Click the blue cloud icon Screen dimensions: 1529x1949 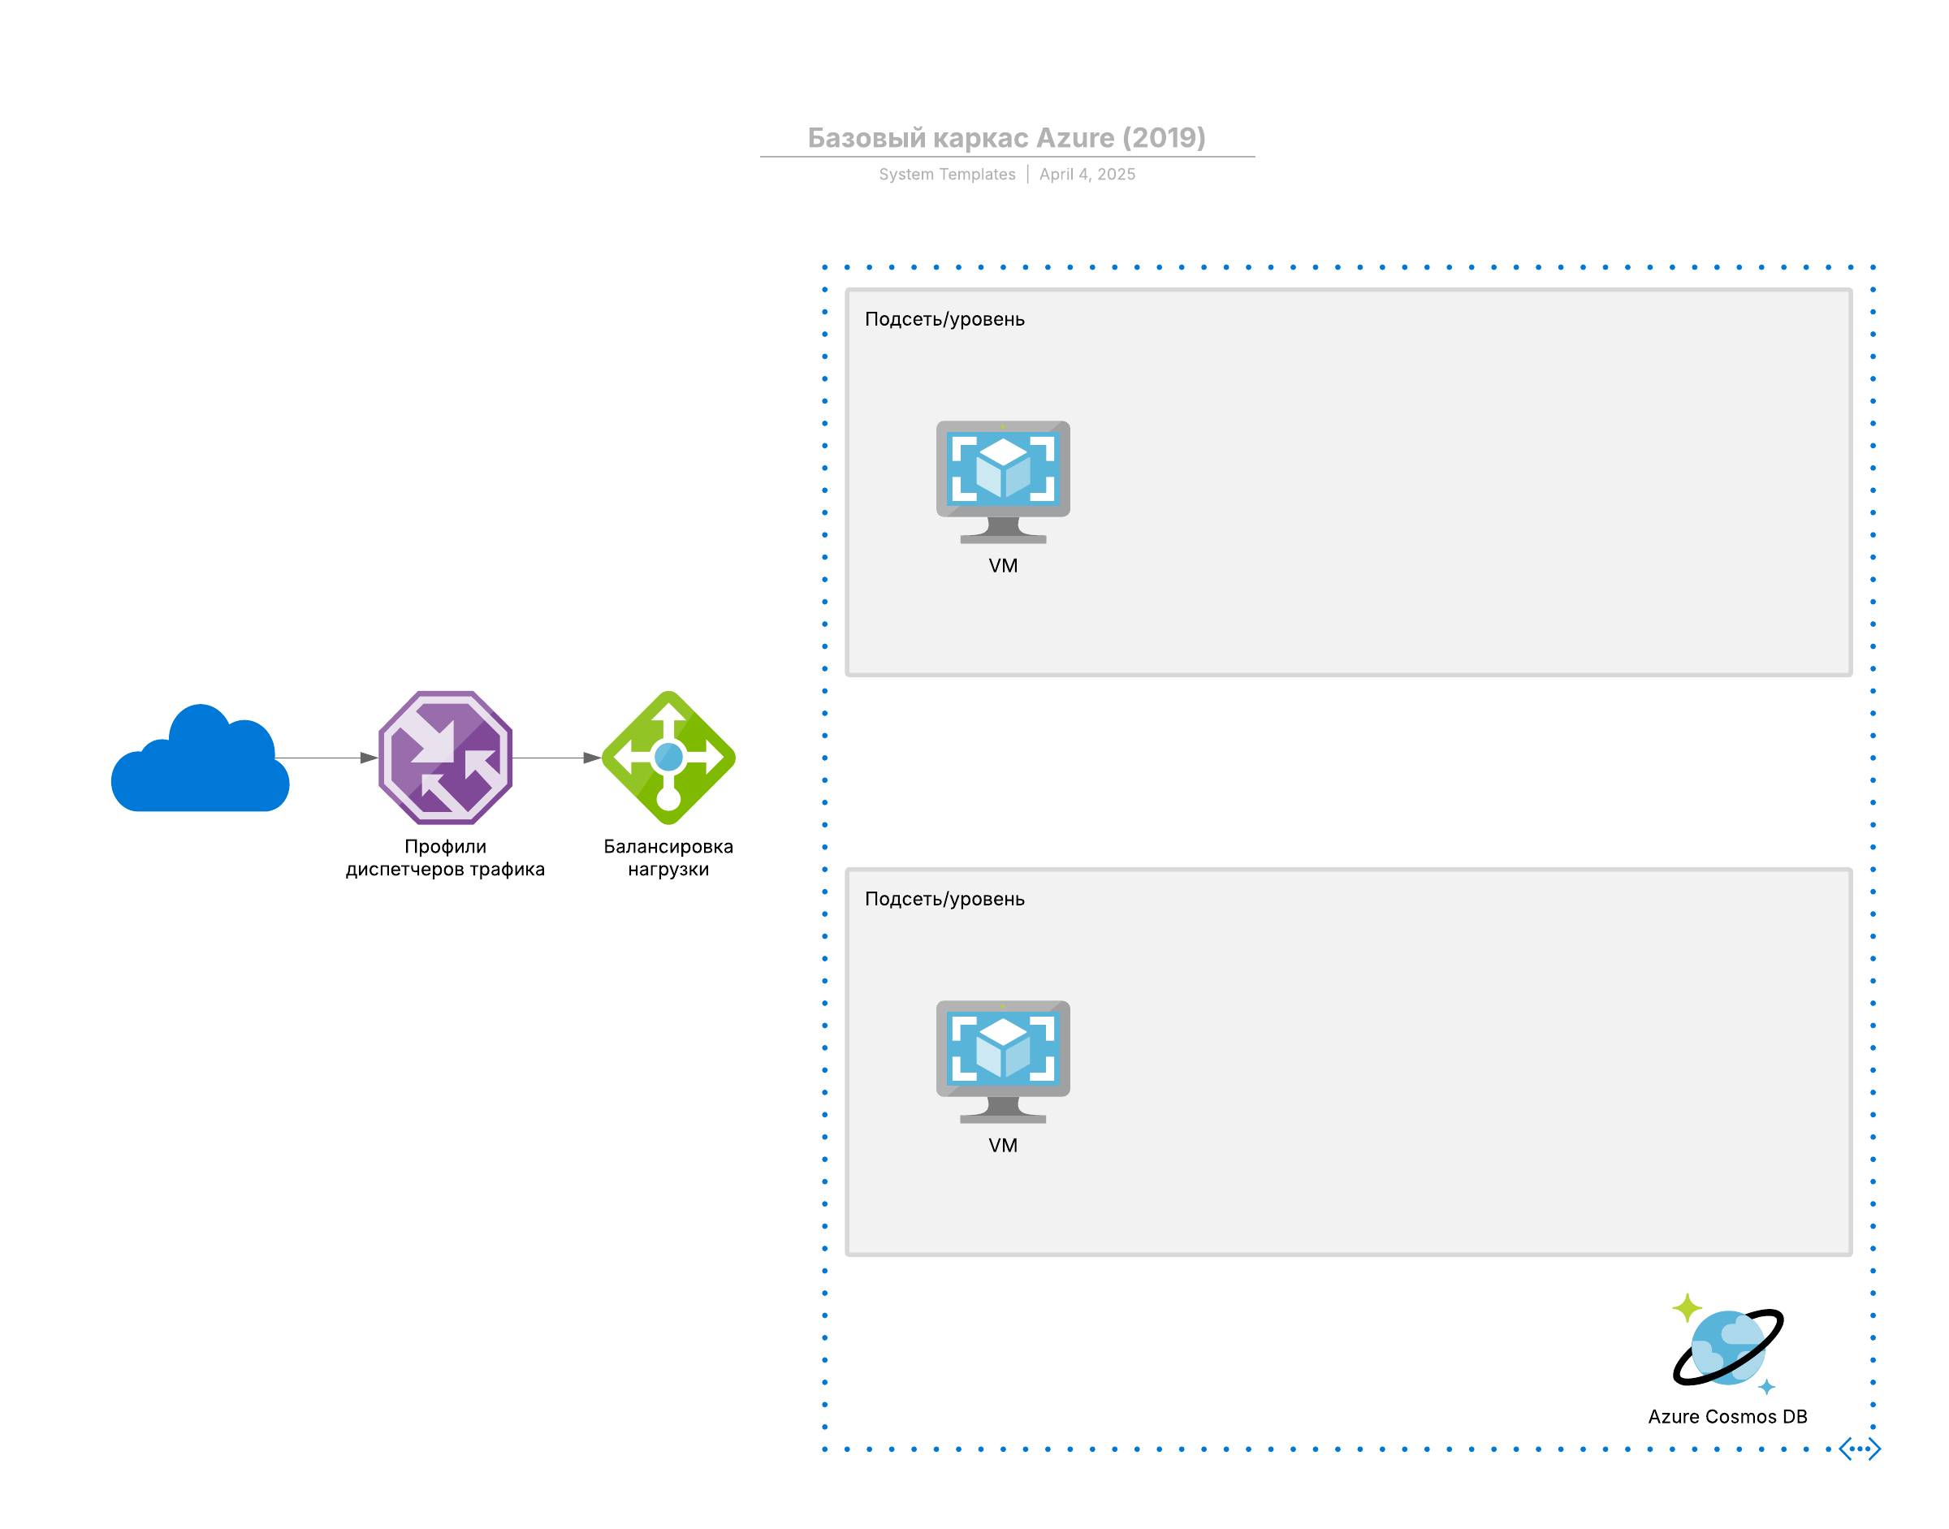pos(200,761)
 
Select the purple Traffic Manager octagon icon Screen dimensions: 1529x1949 pos(445,758)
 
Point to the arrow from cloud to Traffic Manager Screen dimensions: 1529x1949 pos(326,758)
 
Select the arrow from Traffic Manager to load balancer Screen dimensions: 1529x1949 pos(555,758)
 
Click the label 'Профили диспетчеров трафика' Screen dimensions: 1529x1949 pos(445,857)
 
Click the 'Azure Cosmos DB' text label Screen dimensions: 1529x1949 pos(1727,1416)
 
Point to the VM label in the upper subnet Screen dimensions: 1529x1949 pos(1003,566)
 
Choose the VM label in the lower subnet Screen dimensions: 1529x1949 pos(1003,1145)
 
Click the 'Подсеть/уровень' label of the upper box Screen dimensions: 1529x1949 pos(944,320)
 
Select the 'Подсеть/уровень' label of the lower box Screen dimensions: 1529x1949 pos(944,899)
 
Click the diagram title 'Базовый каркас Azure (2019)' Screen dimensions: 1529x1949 pos(1006,138)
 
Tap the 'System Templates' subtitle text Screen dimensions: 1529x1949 pos(946,175)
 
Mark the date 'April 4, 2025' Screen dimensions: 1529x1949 pos(1087,175)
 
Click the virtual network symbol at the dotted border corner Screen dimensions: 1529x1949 pos(1860,1449)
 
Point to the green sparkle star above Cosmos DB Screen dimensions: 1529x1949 pos(1687,1308)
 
